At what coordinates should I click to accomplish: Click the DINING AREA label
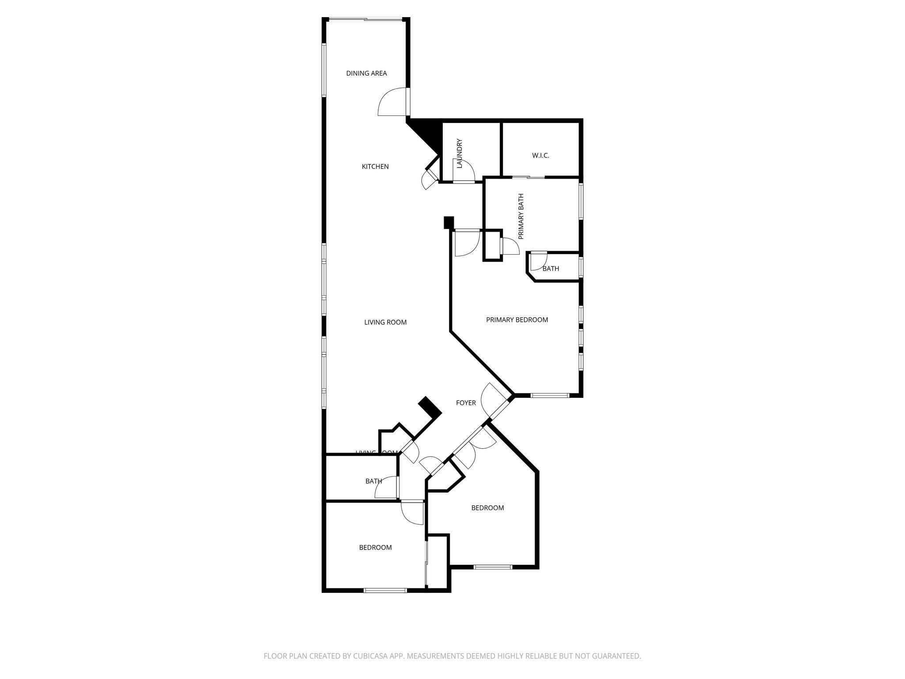coord(366,73)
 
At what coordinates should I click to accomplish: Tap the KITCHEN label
coord(375,167)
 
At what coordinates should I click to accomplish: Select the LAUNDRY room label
coord(460,153)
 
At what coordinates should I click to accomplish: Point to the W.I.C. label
coord(540,156)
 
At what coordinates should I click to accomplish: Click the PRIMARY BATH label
coord(521,216)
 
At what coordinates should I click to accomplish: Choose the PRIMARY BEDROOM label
coord(517,320)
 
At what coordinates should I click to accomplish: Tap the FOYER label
coord(466,403)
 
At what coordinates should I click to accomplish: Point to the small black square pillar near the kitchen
coord(449,222)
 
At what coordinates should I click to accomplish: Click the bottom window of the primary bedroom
coord(550,395)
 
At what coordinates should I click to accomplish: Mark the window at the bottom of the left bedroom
coord(385,590)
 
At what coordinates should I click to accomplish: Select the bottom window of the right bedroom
coord(493,567)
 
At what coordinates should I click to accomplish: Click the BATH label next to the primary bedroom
coord(551,268)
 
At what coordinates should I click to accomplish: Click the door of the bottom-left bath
coord(387,488)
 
